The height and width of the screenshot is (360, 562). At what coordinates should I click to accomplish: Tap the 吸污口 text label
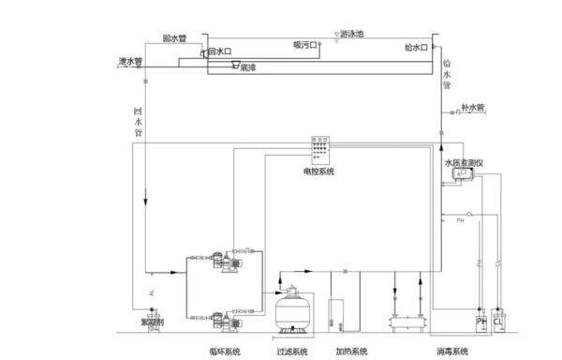click(305, 44)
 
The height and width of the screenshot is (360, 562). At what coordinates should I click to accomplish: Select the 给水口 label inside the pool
click(416, 46)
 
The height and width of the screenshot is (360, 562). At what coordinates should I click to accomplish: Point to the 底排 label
click(247, 67)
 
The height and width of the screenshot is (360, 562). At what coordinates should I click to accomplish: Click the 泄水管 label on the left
click(130, 61)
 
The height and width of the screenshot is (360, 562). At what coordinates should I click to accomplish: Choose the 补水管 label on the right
click(472, 108)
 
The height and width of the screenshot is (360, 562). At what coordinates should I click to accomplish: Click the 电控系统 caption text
click(319, 172)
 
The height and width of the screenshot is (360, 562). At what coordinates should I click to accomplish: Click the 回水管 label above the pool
click(174, 38)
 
